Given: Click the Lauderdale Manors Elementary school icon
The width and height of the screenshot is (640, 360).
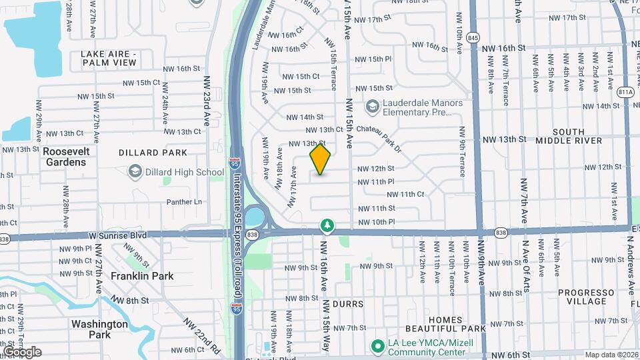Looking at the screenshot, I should click(371, 106).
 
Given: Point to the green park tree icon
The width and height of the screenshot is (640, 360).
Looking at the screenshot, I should click(327, 227).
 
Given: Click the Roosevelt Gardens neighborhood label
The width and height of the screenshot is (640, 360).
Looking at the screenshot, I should click(65, 157).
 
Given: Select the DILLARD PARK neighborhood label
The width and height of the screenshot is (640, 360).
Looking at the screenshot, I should click(153, 153).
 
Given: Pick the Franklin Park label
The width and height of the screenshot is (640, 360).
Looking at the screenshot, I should click(142, 275).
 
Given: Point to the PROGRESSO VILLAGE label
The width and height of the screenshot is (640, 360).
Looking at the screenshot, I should click(585, 297).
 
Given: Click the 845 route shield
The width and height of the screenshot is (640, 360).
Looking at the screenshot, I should click(473, 37).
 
